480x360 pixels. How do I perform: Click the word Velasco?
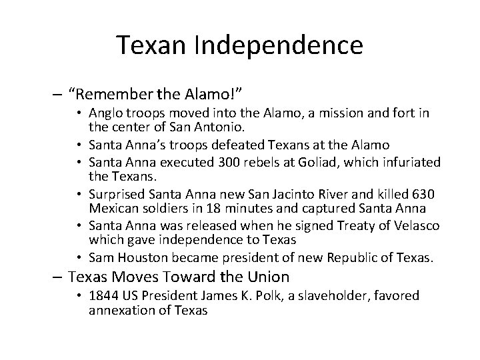tap(417, 226)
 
